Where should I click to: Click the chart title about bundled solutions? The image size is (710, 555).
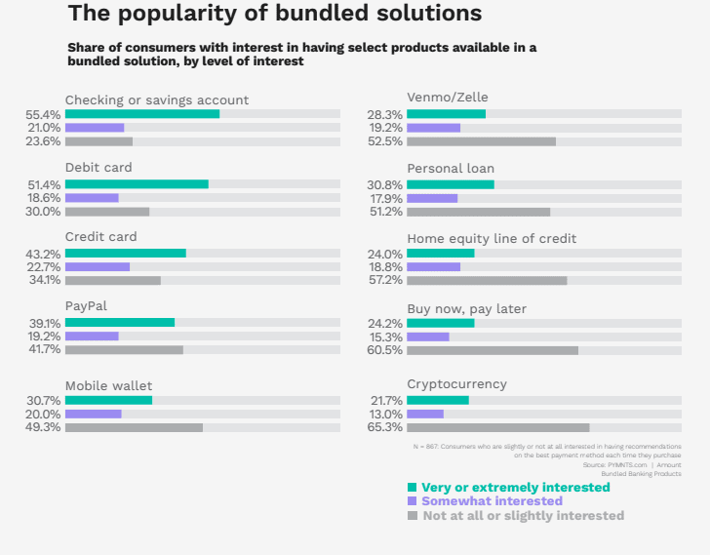click(x=274, y=15)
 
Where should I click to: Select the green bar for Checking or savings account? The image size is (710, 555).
click(x=142, y=114)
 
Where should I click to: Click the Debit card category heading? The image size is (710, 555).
click(x=99, y=168)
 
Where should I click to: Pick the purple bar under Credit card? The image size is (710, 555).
click(x=98, y=267)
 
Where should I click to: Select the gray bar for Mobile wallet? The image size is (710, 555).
click(x=134, y=427)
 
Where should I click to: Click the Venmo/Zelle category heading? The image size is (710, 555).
click(x=448, y=97)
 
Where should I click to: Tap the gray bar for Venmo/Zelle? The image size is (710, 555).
click(x=481, y=141)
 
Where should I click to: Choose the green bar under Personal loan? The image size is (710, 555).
click(x=451, y=184)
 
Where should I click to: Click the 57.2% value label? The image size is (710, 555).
click(x=386, y=281)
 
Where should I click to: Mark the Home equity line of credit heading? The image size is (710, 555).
click(x=492, y=239)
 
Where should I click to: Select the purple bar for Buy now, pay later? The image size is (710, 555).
click(x=428, y=337)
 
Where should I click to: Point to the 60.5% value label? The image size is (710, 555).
click(x=386, y=351)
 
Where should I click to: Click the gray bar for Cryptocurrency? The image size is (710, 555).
click(x=498, y=427)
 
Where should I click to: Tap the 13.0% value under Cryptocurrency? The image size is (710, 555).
click(x=386, y=414)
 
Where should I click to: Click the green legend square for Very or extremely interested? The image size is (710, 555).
click(x=413, y=487)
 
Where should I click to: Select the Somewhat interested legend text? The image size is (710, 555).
click(x=492, y=501)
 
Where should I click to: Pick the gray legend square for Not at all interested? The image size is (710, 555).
click(x=413, y=515)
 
